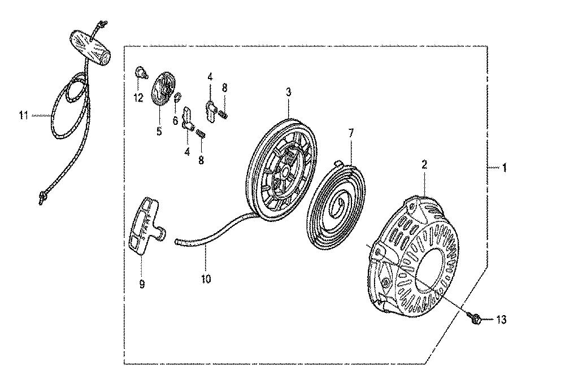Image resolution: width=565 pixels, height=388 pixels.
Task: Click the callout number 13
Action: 501,320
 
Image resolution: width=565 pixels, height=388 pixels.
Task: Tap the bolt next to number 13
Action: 474,317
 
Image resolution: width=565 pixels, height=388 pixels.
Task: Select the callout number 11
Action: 23,115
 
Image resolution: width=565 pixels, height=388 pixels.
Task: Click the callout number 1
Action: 505,168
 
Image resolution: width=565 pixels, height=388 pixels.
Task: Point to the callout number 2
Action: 424,165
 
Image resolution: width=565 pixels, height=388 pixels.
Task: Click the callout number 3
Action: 288,92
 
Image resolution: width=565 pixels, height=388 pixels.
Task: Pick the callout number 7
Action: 351,133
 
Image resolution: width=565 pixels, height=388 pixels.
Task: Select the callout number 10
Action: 206,278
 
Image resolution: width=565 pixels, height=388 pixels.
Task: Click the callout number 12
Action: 138,97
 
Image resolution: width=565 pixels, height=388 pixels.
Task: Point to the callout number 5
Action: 159,131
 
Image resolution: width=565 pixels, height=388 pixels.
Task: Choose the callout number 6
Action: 175,120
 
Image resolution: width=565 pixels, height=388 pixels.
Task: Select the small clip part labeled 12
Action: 141,73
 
